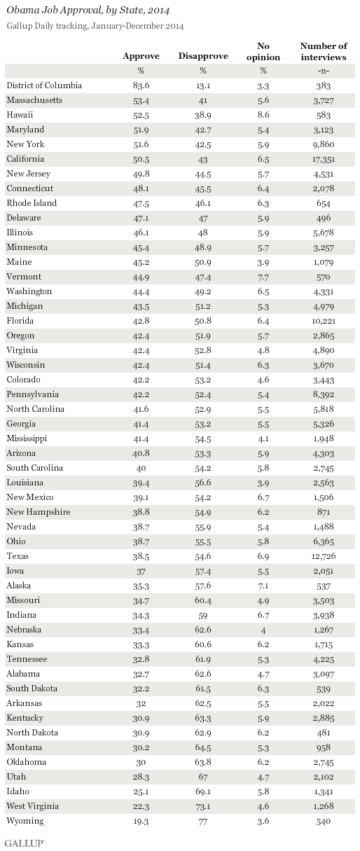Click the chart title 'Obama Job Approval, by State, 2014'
(x=90, y=11)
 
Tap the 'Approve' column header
(x=141, y=55)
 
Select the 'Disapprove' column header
(x=203, y=55)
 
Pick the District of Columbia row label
(x=44, y=85)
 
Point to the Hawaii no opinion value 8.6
(x=264, y=115)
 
